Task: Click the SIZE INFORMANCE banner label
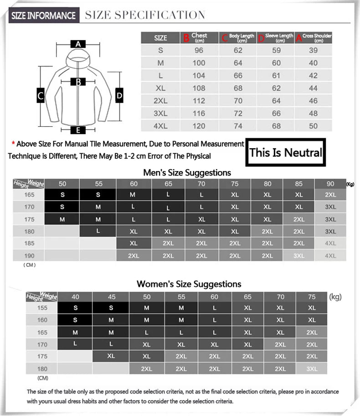click(x=43, y=15)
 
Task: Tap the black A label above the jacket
click(x=78, y=44)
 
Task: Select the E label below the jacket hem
click(x=78, y=130)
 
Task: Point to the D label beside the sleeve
click(x=119, y=95)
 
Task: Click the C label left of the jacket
click(x=40, y=96)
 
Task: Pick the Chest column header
click(x=199, y=37)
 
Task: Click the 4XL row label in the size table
click(x=160, y=126)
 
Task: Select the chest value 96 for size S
click(x=199, y=51)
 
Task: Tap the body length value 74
click(x=238, y=126)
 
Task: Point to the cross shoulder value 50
click(x=313, y=126)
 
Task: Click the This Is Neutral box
click(x=286, y=152)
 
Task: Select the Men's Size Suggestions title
click(x=187, y=172)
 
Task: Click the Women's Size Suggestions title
click(x=189, y=284)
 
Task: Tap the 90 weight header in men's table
click(x=330, y=184)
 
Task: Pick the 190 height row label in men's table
click(x=28, y=255)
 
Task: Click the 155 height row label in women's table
click(x=42, y=307)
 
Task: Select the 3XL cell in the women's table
click(x=312, y=369)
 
